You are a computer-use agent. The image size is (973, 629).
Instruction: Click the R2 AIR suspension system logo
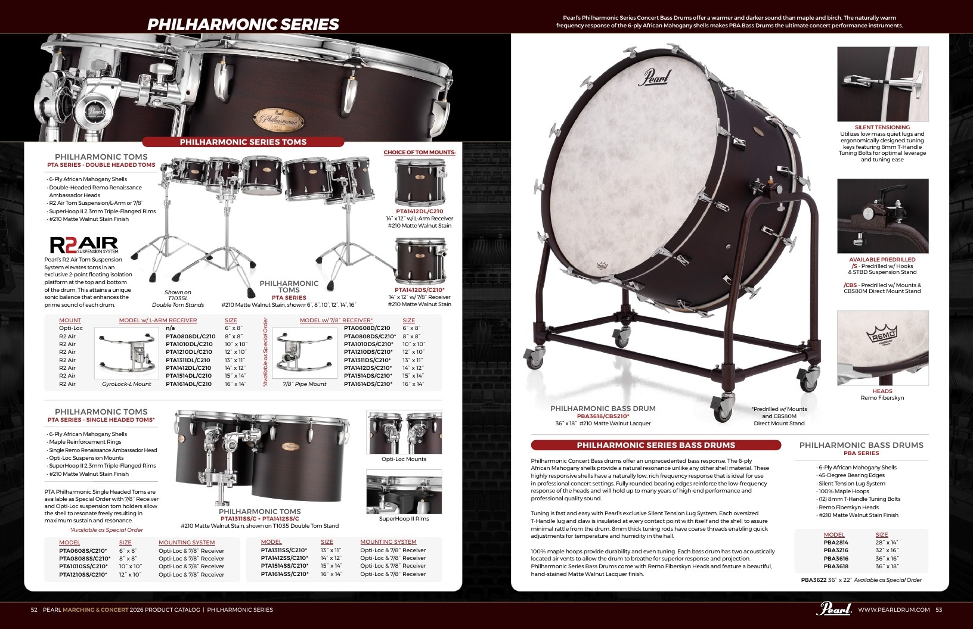[x=84, y=245]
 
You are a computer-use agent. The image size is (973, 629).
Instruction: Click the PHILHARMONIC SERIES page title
[x=243, y=24]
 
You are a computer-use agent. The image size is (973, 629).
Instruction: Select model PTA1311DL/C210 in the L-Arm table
[x=188, y=360]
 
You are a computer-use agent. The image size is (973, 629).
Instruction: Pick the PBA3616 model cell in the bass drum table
[x=836, y=558]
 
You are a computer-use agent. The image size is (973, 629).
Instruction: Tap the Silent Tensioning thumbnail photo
[x=882, y=84]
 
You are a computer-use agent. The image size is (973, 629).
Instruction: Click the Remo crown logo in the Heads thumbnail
[x=882, y=334]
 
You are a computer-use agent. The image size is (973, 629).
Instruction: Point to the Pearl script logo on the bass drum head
[x=655, y=77]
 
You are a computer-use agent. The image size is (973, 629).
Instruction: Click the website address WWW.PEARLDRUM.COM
[x=894, y=609]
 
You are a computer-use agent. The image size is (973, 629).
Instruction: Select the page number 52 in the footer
[x=34, y=609]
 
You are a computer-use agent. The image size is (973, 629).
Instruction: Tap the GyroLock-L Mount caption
[x=126, y=384]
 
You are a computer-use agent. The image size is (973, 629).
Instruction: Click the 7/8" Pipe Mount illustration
[x=304, y=353]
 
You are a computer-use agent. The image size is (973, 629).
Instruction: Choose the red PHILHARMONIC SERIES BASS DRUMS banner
[x=656, y=445]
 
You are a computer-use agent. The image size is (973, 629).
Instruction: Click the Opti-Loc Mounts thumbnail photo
[x=404, y=432]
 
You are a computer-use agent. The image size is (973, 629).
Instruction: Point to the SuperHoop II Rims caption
[x=404, y=519]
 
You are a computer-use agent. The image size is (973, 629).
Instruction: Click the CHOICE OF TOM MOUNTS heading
[x=419, y=152]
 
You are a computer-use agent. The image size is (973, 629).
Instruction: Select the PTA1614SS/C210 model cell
[x=284, y=574]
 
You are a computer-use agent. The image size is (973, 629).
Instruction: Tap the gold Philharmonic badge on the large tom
[x=278, y=119]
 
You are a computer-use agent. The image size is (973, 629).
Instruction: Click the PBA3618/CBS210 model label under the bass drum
[x=603, y=416]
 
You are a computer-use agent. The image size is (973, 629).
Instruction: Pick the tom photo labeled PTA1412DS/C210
[x=420, y=260]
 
